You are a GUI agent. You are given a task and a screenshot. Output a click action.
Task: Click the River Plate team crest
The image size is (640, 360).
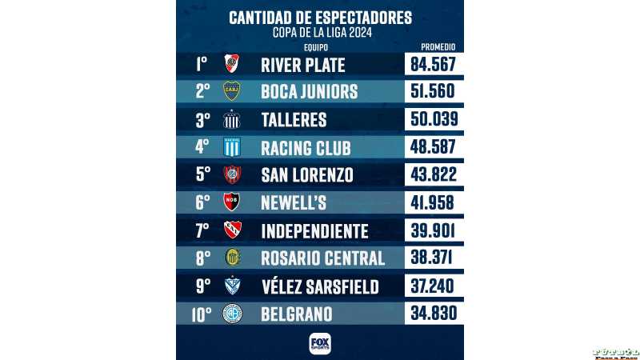click(231, 64)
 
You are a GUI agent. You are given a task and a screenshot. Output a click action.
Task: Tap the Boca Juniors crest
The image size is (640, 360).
click(231, 91)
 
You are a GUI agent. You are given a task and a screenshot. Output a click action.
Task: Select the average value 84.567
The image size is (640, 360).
click(433, 64)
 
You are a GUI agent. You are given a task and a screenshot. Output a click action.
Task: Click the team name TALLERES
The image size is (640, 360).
click(294, 119)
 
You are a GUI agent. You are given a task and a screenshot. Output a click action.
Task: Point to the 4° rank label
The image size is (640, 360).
click(202, 147)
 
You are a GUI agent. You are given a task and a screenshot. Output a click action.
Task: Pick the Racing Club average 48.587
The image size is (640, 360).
click(433, 147)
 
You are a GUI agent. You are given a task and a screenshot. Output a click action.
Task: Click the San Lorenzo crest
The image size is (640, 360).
click(231, 175)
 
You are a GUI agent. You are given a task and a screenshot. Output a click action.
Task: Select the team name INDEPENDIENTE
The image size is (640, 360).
click(314, 231)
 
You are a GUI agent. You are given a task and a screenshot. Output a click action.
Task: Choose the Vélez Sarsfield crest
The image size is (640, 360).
click(231, 286)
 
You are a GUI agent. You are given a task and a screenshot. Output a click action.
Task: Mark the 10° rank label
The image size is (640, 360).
click(202, 314)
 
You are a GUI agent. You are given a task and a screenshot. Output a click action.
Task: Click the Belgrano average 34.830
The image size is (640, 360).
click(433, 314)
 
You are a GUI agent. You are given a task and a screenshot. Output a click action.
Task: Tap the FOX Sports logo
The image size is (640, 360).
click(320, 343)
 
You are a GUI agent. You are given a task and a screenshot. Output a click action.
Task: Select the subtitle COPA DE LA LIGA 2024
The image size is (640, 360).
click(320, 32)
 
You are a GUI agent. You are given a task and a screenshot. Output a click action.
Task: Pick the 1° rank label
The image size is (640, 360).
click(202, 64)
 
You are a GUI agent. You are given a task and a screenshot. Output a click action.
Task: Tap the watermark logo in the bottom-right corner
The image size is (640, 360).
click(615, 354)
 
